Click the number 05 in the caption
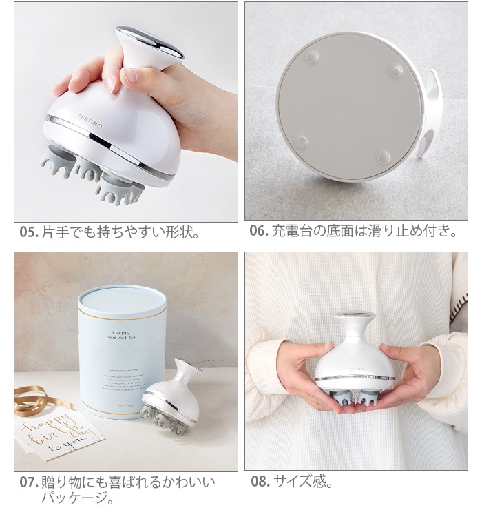(28, 232)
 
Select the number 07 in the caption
(28, 482)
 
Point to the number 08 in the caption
(260, 482)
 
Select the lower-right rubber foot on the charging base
(384, 157)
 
